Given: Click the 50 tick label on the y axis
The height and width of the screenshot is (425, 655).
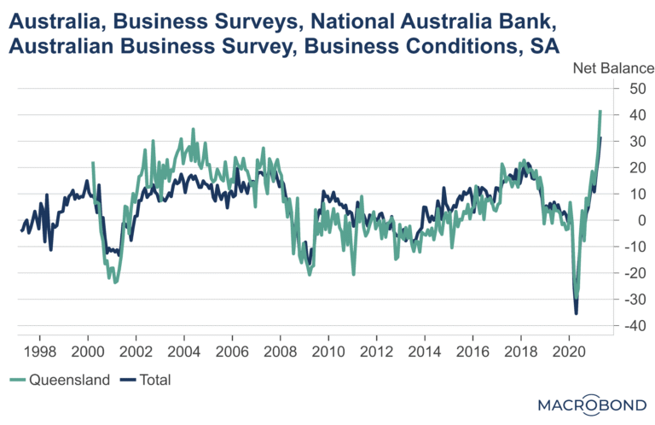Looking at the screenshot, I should pyautogui.click(x=637, y=89).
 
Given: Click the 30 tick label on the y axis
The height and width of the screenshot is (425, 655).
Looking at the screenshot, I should pyautogui.click(x=637, y=142).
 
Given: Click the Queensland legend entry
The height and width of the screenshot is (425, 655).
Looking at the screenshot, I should pyautogui.click(x=60, y=380).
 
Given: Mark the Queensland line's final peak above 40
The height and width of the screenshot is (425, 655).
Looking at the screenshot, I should pyautogui.click(x=600, y=111).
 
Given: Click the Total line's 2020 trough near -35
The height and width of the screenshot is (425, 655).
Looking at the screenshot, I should pyautogui.click(x=576, y=313).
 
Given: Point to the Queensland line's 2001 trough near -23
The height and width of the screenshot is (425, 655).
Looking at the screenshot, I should pyautogui.click(x=115, y=282).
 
